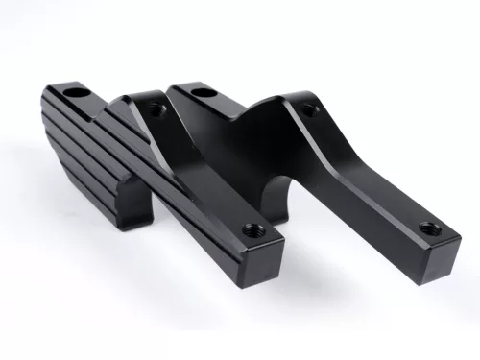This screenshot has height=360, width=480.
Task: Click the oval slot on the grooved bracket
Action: pyautogui.click(x=74, y=94)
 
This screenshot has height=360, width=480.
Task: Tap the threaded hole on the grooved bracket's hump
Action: pyautogui.click(x=158, y=110)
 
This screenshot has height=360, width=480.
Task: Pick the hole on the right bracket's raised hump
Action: pyautogui.click(x=309, y=108)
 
